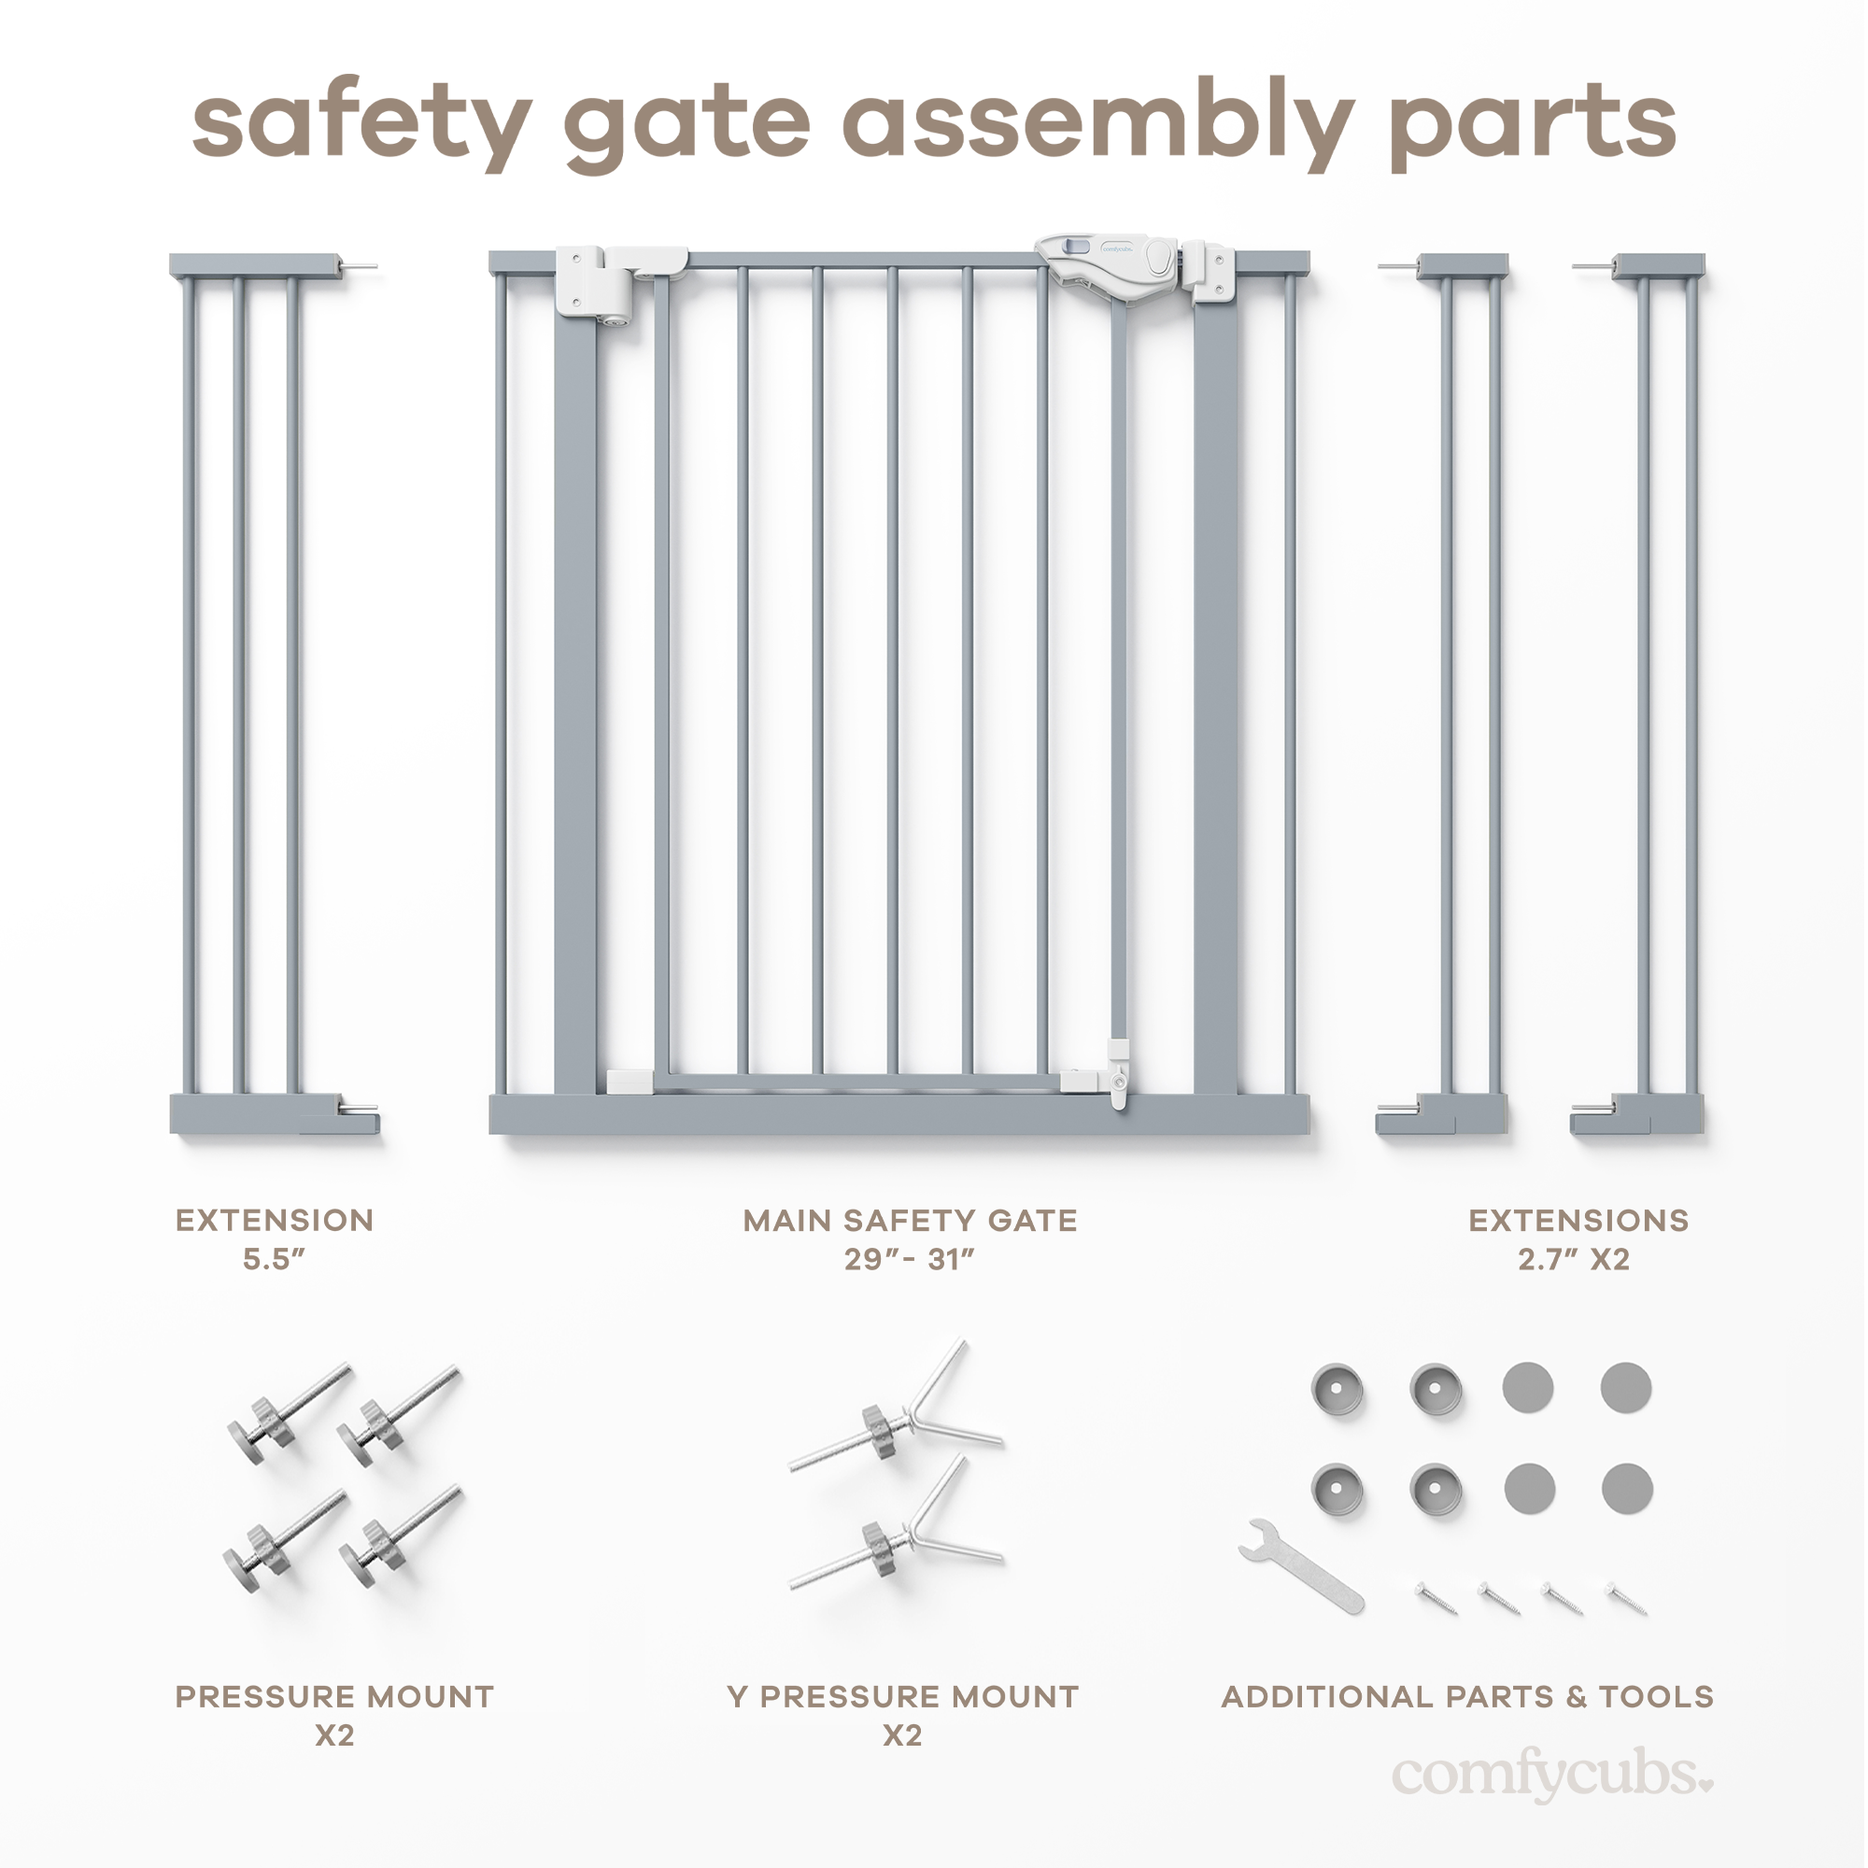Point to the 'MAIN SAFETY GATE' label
(910, 1221)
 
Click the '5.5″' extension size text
(274, 1260)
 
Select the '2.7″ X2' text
(1573, 1260)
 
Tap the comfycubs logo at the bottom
(1550, 1776)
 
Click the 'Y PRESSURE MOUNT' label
(902, 1697)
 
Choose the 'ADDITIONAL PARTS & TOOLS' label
(1466, 1697)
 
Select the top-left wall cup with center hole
(1337, 1391)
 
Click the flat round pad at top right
(1625, 1389)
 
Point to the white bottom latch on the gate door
(1119, 1073)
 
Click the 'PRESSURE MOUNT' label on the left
(334, 1697)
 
